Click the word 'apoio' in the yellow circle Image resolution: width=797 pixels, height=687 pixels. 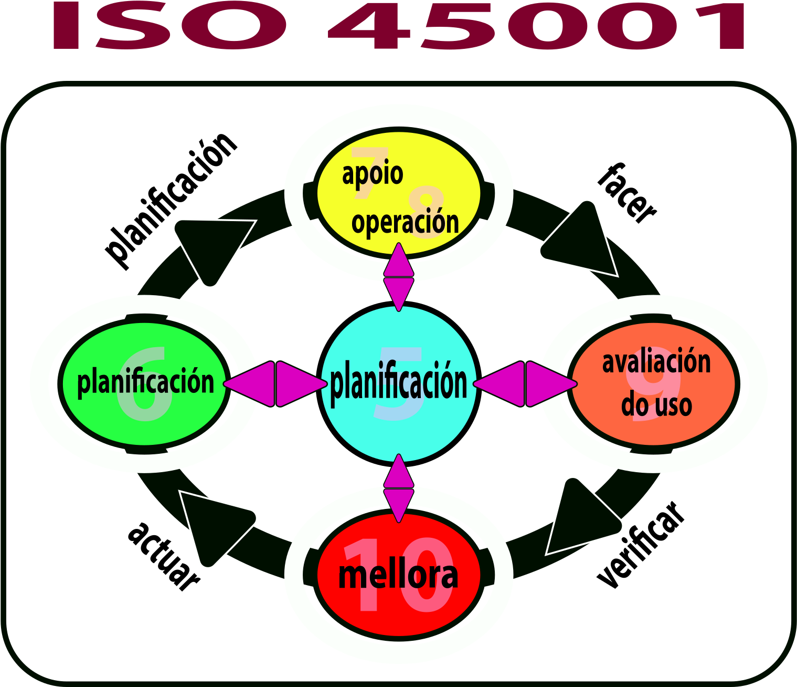372,174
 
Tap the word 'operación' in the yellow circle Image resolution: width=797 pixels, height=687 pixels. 405,222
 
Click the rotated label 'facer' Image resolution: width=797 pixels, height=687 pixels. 627,193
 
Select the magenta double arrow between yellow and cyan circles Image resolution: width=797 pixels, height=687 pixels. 399,277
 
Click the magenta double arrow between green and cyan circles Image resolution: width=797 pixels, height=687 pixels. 275,384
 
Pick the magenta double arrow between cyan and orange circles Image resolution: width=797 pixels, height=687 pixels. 525,384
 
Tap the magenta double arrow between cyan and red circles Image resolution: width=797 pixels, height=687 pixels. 399,488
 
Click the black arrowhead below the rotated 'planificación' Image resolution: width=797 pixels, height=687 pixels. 212,244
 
